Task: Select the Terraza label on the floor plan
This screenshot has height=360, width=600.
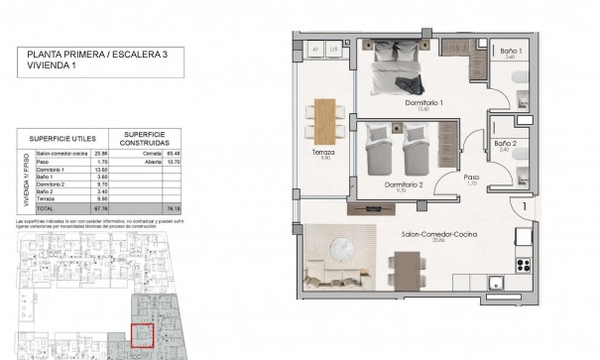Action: [x=320, y=156]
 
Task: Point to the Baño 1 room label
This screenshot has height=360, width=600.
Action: [x=512, y=51]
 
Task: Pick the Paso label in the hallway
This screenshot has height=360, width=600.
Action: [x=472, y=178]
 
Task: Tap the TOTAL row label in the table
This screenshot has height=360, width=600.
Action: [x=47, y=209]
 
